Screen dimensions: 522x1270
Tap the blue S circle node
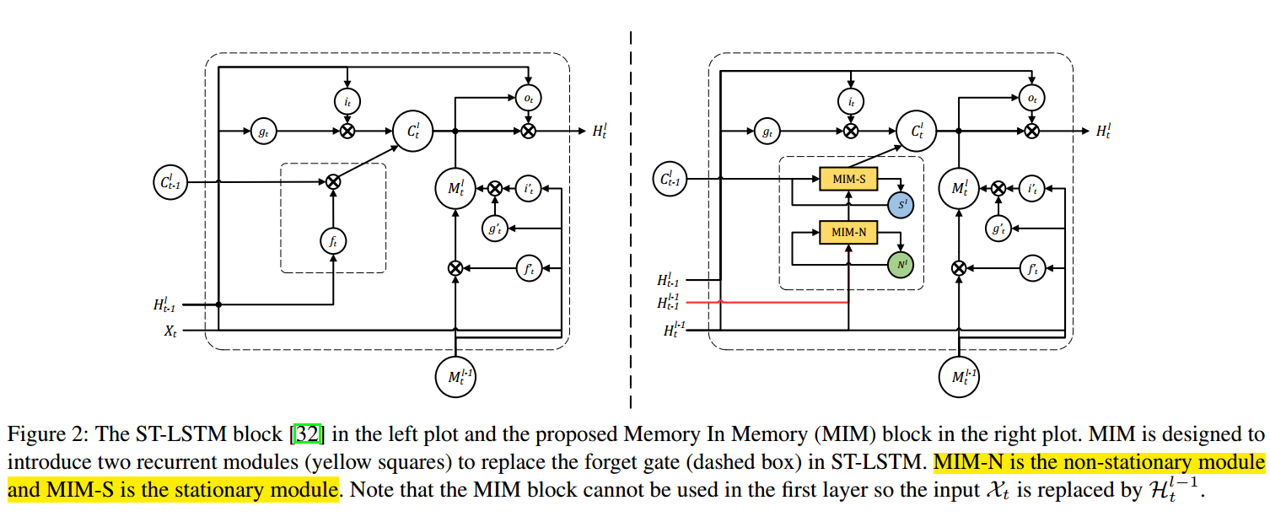901,205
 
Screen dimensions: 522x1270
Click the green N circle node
901,266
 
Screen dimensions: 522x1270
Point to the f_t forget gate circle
334,240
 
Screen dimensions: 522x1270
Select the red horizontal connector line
776,302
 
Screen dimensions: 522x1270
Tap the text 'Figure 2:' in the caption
36,435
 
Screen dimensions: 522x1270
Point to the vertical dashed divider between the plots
631,211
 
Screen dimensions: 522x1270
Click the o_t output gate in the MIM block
1031,99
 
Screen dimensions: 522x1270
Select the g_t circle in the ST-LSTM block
262,131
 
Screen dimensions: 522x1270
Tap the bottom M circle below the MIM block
960,376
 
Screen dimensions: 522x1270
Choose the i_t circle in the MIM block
851,101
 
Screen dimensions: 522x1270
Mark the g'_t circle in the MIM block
998,228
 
